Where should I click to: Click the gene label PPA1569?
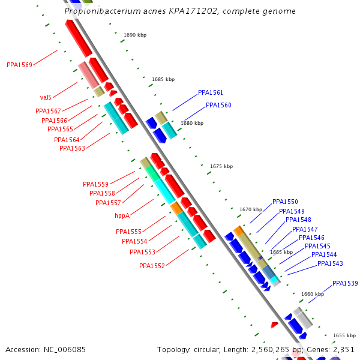[19, 65]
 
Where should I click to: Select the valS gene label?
[46, 97]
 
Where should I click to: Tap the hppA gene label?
[122, 215]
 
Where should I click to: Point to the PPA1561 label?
[210, 93]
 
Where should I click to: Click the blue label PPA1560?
[218, 106]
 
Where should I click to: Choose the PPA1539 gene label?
[345, 283]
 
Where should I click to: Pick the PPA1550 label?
[285, 202]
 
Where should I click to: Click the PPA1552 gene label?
[152, 266]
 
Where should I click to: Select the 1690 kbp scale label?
[135, 35]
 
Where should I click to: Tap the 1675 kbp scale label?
[221, 166]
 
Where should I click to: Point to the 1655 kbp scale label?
[344, 335]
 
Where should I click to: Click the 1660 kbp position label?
[313, 294]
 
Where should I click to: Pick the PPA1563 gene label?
[72, 148]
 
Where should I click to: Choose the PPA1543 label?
[330, 264]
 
